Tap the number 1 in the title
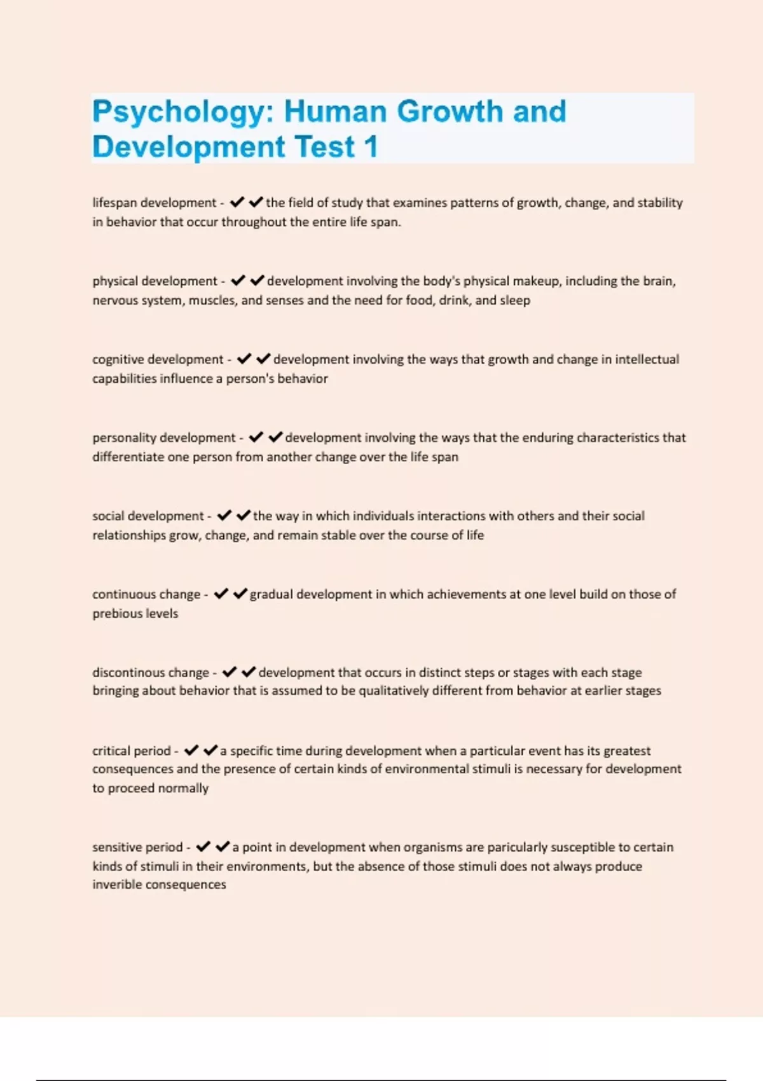coord(371,148)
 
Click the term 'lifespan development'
coord(155,203)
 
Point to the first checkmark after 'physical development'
coord(238,280)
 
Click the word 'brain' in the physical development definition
coord(658,281)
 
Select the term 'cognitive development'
coord(158,359)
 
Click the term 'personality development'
coord(164,437)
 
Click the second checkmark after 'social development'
coord(243,515)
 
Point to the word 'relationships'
coord(129,535)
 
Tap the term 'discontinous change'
coord(151,673)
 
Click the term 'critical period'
coord(132,751)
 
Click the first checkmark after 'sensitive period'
coord(203,847)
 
